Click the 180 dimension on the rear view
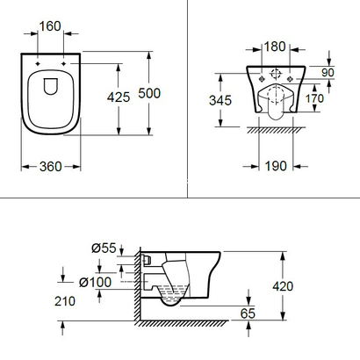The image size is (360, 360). (x=277, y=44)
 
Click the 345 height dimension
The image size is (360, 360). (x=220, y=100)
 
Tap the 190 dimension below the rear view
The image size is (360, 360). (x=276, y=166)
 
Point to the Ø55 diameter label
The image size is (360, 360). (x=106, y=248)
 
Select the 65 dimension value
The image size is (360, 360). (x=249, y=311)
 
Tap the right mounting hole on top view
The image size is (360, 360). (x=66, y=64)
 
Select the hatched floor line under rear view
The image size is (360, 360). (x=277, y=131)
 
